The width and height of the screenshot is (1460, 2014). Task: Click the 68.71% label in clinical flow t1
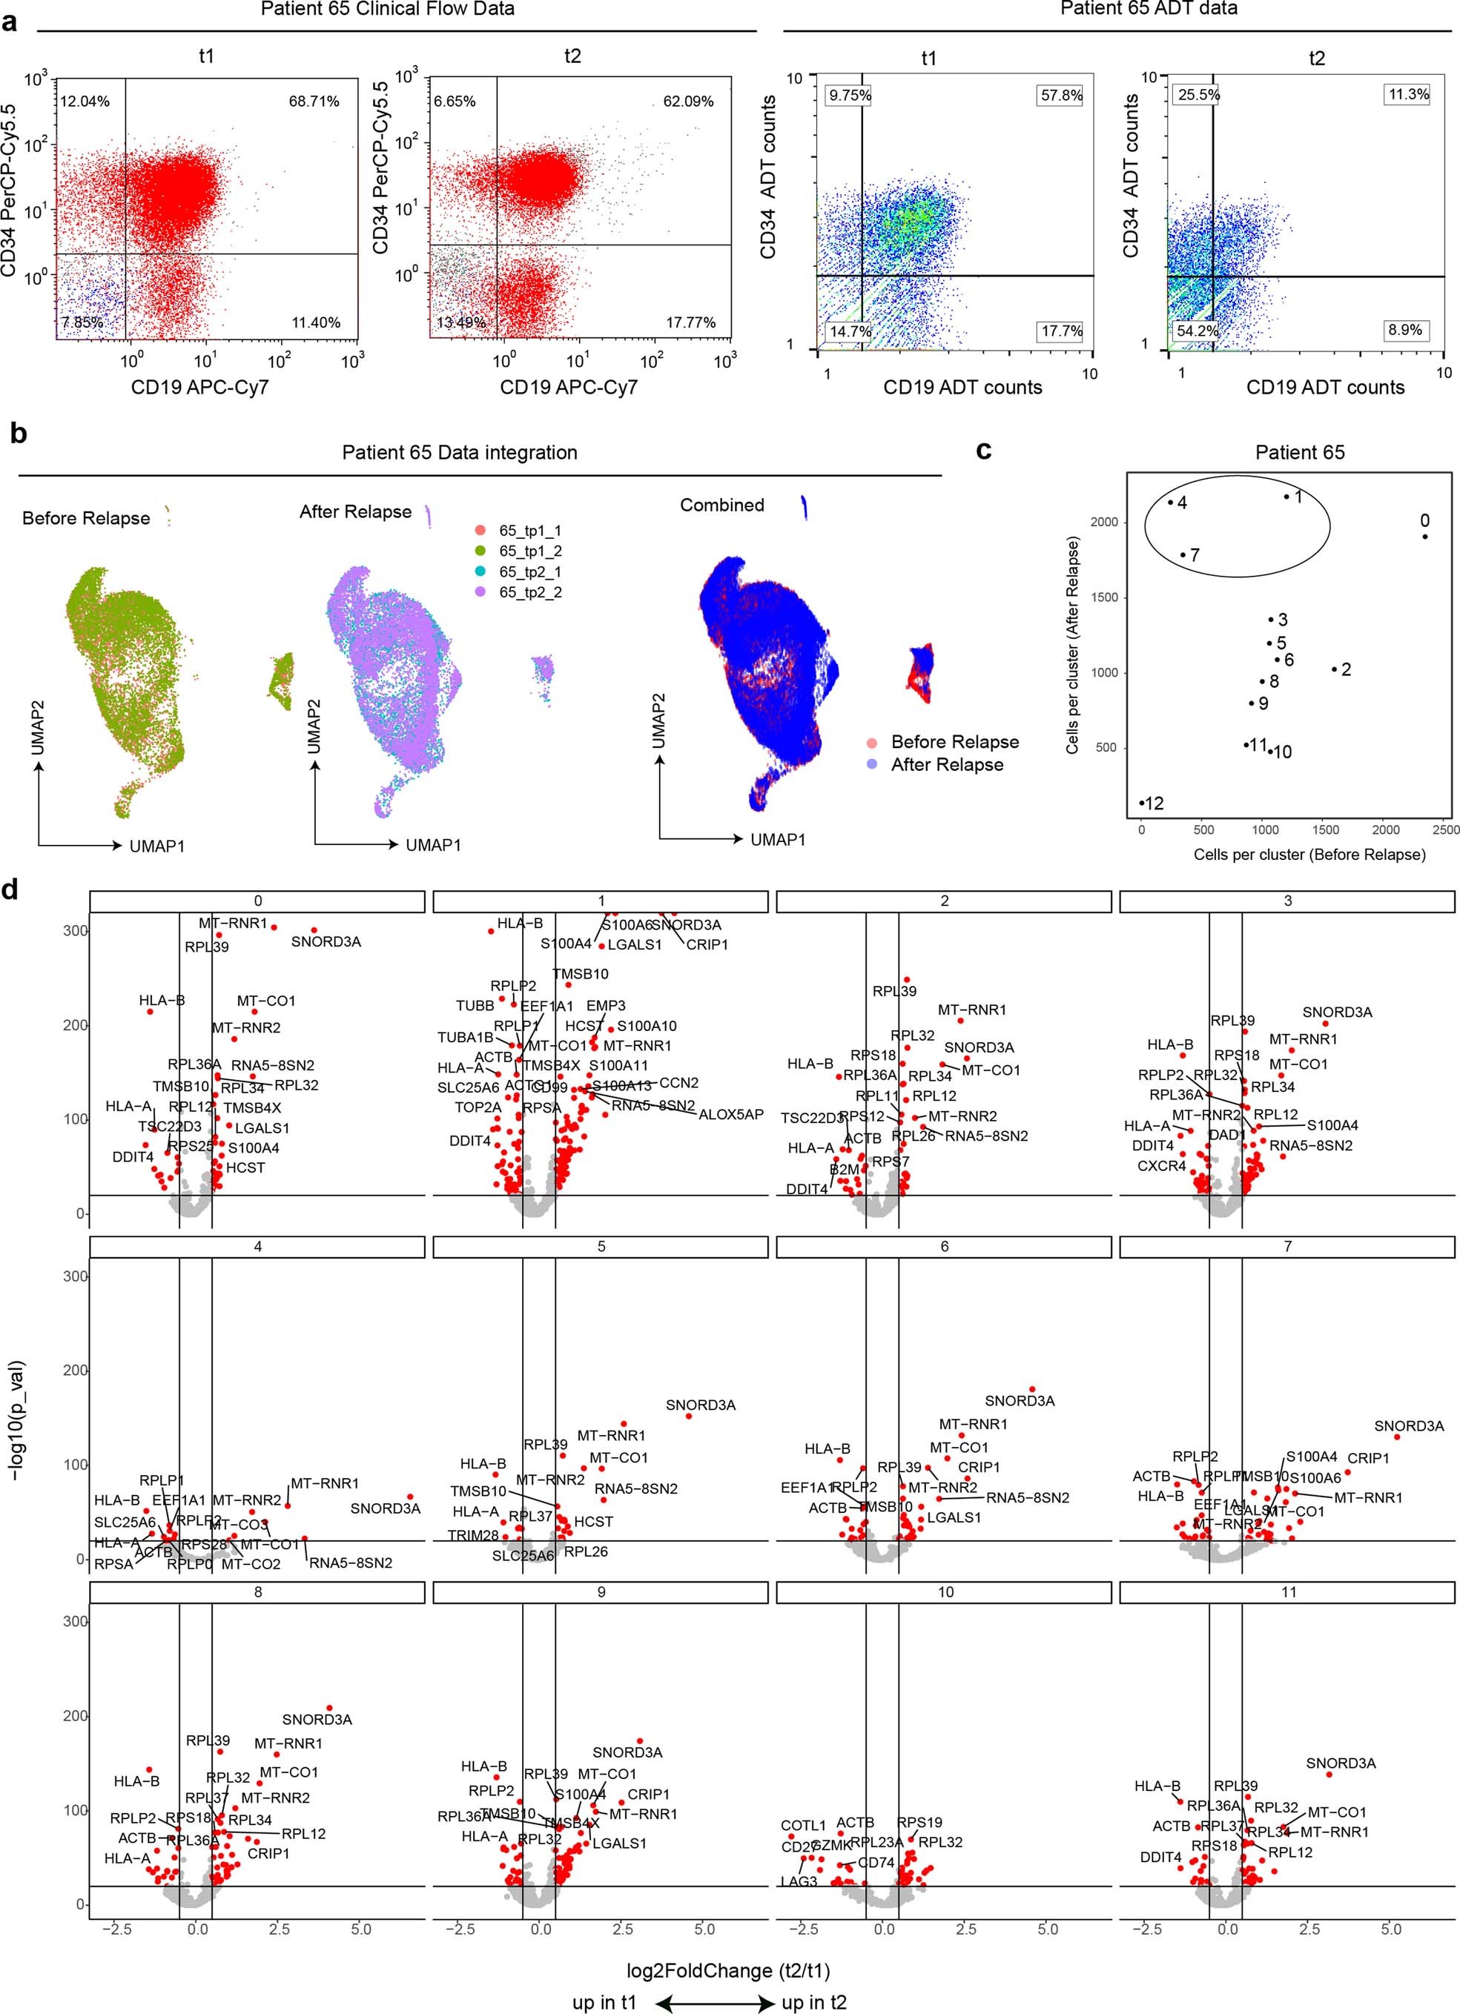coord(314,102)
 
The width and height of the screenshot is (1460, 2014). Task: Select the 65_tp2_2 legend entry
coord(529,592)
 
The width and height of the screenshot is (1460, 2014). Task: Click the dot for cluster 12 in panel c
coord(1142,804)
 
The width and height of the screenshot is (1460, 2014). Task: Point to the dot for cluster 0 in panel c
coord(1424,537)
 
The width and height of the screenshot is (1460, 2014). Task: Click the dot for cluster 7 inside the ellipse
coord(1183,555)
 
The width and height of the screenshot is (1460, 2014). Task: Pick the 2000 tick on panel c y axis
coord(1104,522)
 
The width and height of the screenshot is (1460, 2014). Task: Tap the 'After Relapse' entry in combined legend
coord(947,764)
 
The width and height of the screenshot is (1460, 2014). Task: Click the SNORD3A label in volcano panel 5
coord(701,1405)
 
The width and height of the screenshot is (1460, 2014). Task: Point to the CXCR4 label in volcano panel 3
coord(1162,1166)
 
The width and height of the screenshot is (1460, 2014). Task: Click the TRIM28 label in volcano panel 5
coord(472,1535)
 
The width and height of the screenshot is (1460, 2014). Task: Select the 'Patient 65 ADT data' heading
coord(1149,9)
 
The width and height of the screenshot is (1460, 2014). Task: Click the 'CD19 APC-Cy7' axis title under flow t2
coord(569,387)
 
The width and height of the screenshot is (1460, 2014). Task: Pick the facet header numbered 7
coord(1286,1248)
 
